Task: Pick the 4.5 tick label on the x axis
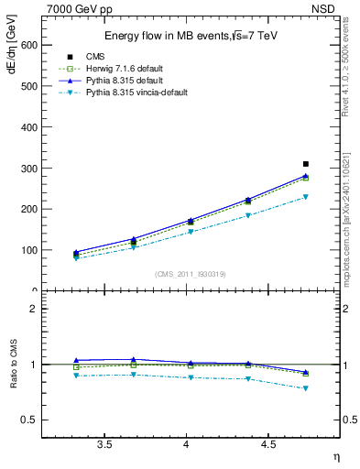point(267,443)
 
